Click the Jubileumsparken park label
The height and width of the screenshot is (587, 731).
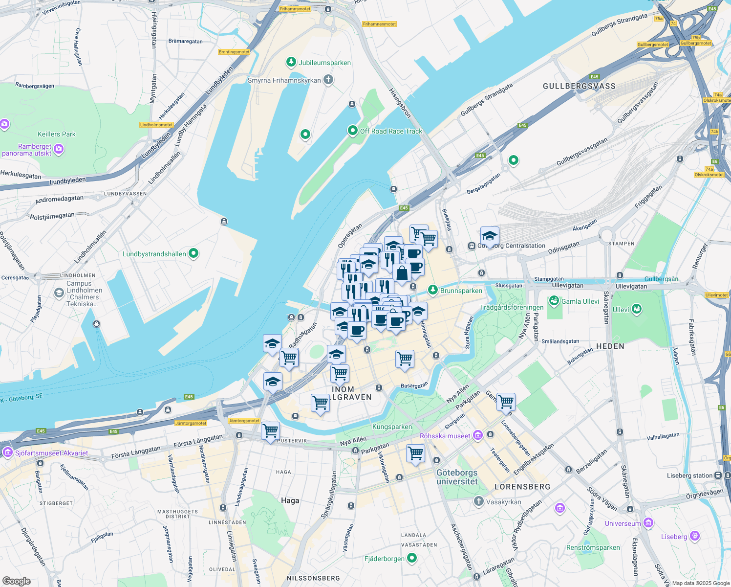pos(324,63)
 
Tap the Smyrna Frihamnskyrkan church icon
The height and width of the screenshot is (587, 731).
pos(328,80)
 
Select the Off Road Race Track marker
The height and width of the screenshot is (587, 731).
pos(352,131)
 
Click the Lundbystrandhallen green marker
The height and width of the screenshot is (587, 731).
pos(193,253)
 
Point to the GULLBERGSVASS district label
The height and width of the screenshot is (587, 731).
pos(579,86)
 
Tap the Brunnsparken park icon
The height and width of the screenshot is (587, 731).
pos(432,290)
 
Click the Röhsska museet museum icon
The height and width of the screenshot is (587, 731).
pos(478,435)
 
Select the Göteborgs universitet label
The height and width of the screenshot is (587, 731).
pos(457,477)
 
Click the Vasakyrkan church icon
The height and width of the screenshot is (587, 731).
pos(478,501)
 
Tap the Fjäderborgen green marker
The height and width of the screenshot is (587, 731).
pos(412,558)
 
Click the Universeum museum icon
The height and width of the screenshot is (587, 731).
pos(648,523)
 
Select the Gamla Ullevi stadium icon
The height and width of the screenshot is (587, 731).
pos(554,301)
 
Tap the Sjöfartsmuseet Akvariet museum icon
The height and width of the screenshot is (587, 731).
pos(7,452)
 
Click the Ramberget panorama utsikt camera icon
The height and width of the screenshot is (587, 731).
pos(59,149)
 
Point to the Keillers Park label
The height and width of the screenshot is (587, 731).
pos(57,134)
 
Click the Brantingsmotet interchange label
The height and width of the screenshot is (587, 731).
pos(234,52)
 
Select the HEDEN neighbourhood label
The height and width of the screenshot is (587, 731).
pos(610,346)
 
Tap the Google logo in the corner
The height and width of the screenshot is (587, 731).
pos(16,581)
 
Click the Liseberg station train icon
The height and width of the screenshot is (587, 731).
pos(718,475)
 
